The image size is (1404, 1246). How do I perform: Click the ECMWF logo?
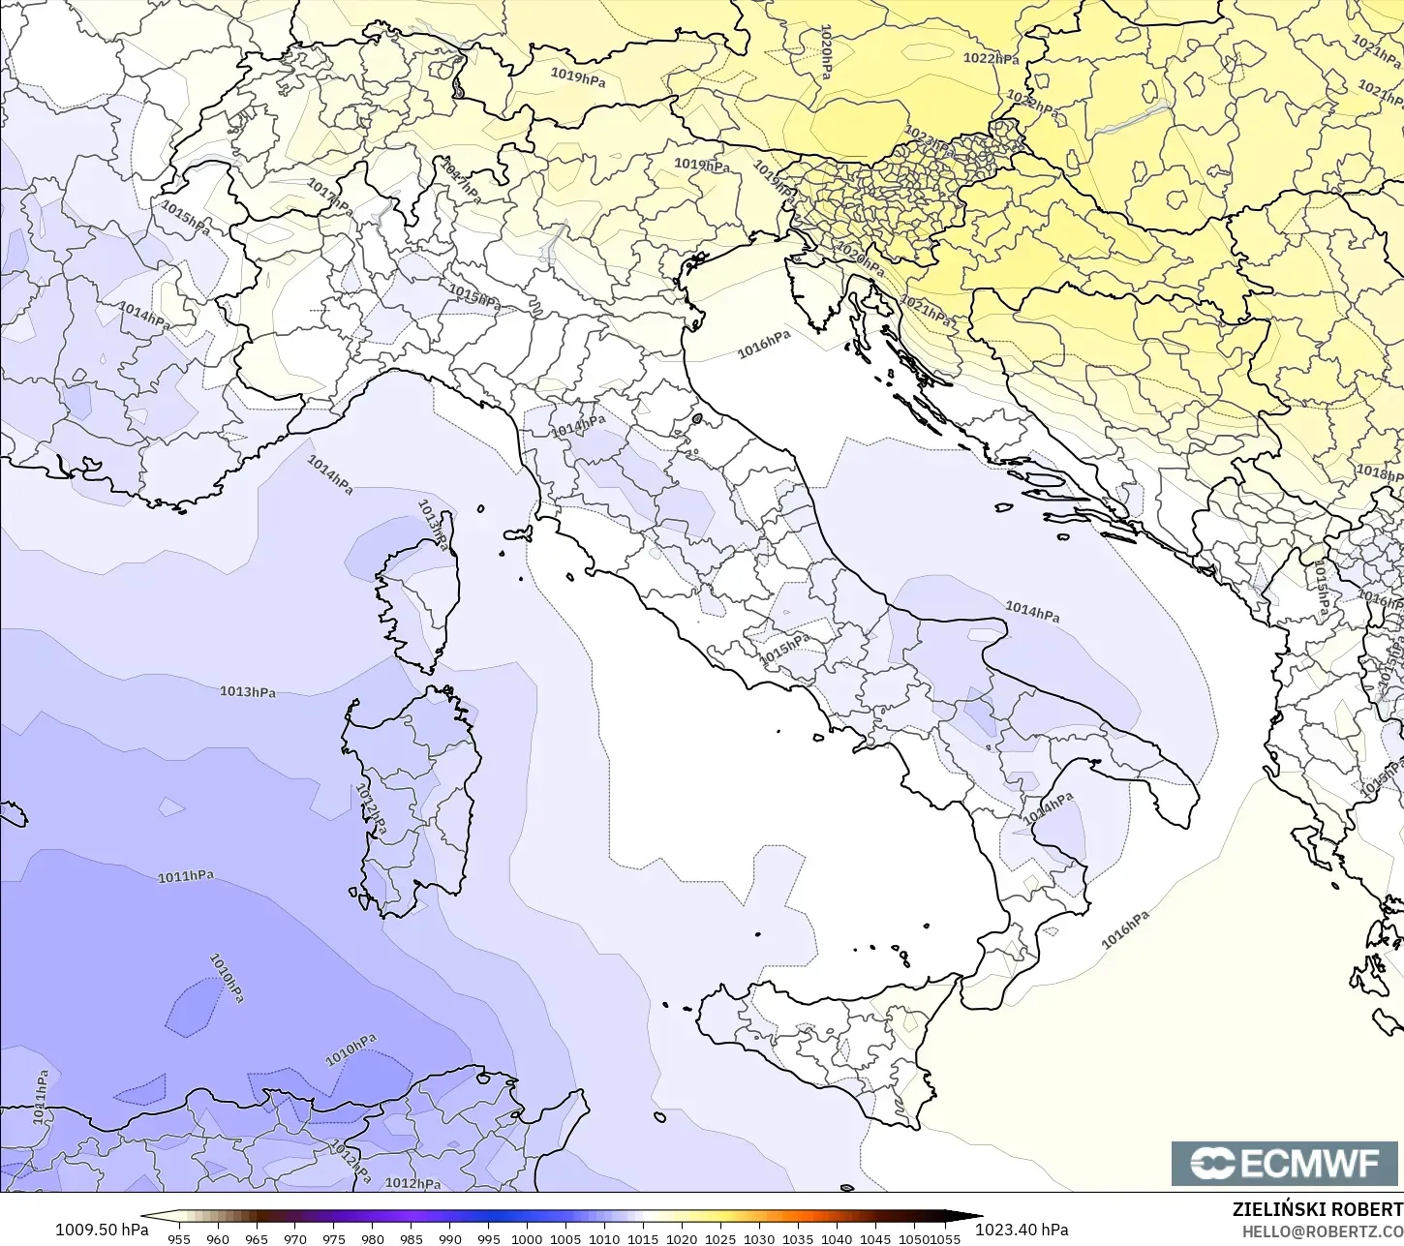click(1286, 1164)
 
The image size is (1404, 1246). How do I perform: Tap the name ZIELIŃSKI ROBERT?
click(1317, 1209)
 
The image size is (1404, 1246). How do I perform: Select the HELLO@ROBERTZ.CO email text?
click(1323, 1231)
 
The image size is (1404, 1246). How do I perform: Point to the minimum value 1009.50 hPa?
click(102, 1230)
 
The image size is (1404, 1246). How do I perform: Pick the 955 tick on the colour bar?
click(179, 1238)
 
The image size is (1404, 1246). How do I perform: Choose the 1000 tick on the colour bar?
click(527, 1238)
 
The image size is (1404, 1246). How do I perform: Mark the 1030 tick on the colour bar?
click(759, 1238)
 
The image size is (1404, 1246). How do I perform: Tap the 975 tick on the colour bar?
click(334, 1238)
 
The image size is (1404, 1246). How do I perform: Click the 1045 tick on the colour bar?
click(875, 1238)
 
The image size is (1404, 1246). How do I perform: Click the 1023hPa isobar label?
click(929, 141)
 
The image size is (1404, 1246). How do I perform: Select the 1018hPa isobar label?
click(1379, 472)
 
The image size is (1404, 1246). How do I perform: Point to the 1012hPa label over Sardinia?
click(370, 808)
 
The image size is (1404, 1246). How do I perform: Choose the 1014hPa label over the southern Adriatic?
click(1032, 612)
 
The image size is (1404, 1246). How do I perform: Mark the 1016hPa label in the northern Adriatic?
click(764, 344)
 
